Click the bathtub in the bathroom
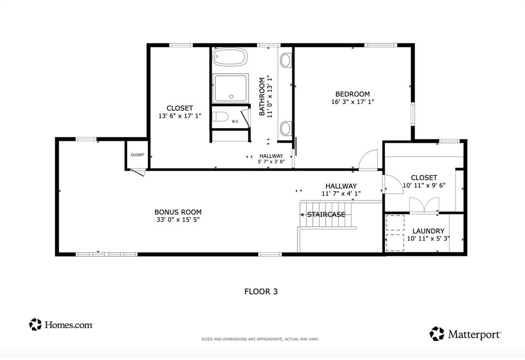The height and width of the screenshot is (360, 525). [230, 57]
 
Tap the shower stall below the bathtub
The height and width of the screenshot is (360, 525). [231, 88]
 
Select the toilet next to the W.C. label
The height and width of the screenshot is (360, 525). [219, 117]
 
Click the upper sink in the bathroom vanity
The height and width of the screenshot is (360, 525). [286, 61]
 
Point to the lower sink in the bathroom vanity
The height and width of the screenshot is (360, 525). [286, 127]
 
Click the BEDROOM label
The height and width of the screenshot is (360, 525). [352, 94]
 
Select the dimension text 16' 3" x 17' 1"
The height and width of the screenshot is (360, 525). [352, 102]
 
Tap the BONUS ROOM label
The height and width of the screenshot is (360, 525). [178, 212]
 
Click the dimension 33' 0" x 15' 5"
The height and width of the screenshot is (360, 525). [178, 220]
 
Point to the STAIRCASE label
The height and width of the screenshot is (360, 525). [326, 214]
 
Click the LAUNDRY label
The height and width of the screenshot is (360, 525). [428, 231]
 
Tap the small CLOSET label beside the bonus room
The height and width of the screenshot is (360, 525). [137, 155]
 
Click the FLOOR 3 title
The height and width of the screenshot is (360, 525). [260, 291]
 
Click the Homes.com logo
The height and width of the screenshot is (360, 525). [61, 324]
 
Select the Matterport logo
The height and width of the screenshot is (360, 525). [466, 334]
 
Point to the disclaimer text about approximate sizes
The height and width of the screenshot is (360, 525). [260, 339]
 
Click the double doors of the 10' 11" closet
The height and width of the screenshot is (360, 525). [424, 206]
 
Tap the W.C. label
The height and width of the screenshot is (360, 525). [235, 122]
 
